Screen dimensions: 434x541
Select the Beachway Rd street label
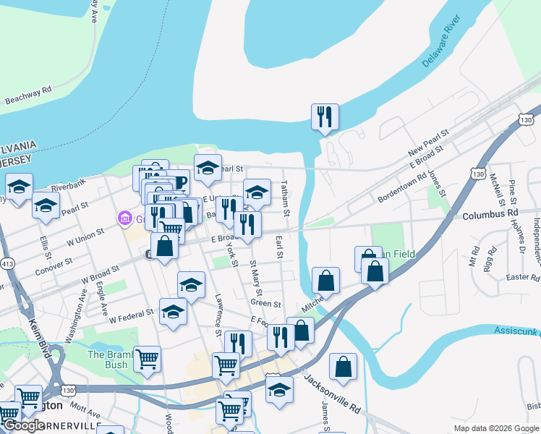pyautogui.click(x=27, y=95)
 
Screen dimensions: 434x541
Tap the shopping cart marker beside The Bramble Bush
pyautogui.click(x=147, y=358)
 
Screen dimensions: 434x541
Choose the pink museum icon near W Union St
pyautogui.click(x=124, y=218)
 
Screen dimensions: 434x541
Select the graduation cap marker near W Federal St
pyautogui.click(x=173, y=312)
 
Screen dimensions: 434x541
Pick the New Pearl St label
pyautogui.click(x=428, y=142)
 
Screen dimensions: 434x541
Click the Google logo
pyautogui.click(x=24, y=425)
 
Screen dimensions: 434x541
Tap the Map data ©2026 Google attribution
pyautogui.click(x=495, y=428)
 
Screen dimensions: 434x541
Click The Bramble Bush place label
pyautogui.click(x=108, y=359)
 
